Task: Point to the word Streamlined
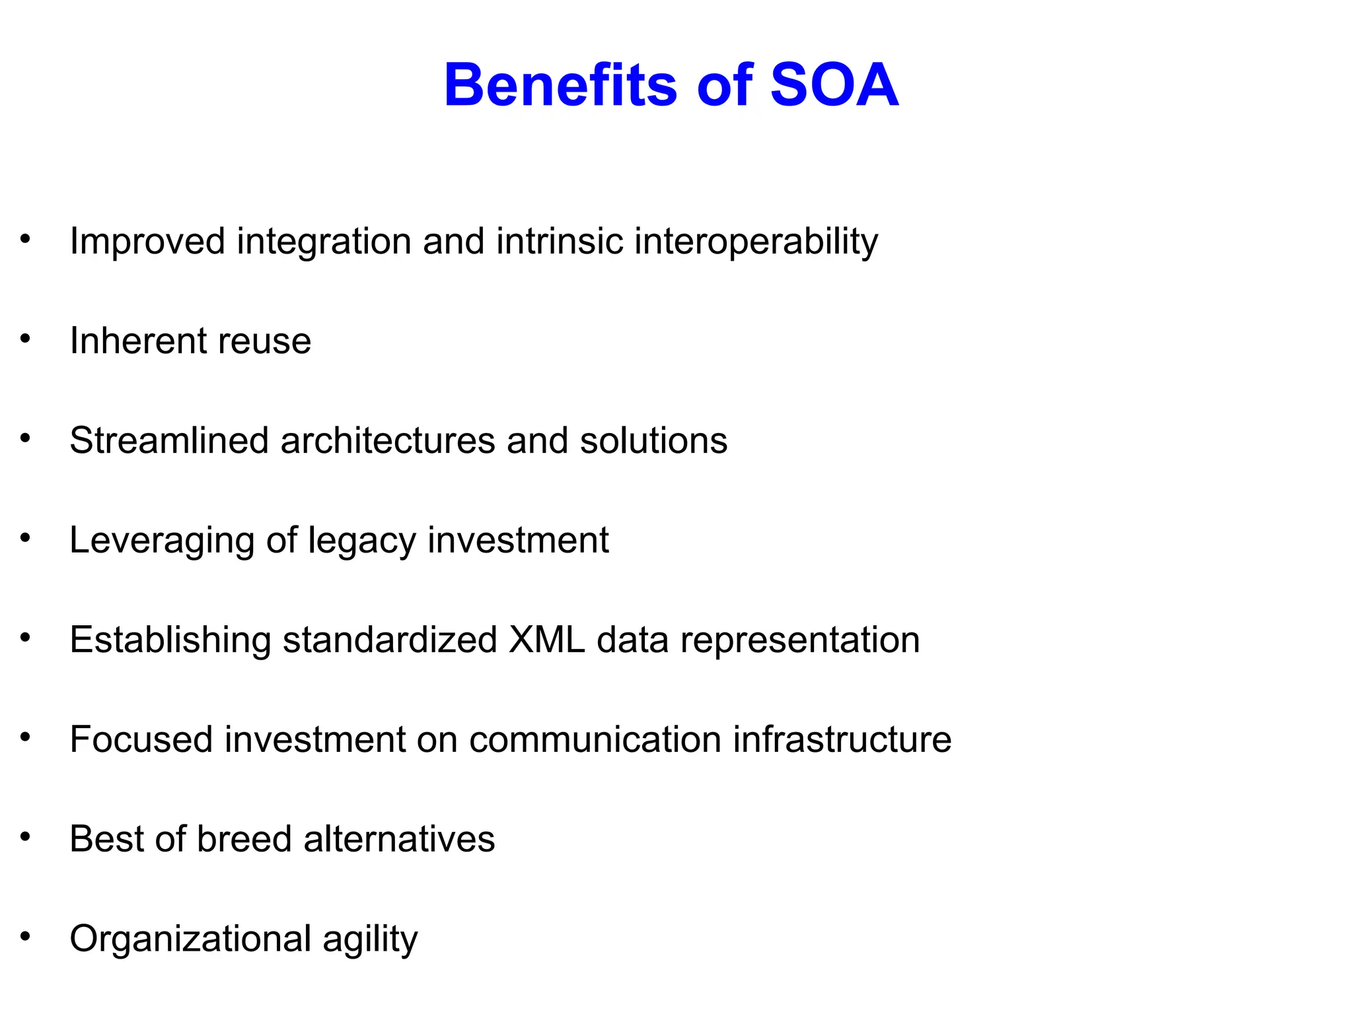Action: click(x=169, y=440)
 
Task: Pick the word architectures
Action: click(x=387, y=440)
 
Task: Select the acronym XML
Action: click(x=546, y=640)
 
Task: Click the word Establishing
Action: click(x=170, y=640)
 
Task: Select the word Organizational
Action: click(x=190, y=939)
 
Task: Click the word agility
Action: click(x=370, y=939)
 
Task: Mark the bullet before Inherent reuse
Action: click(x=26, y=339)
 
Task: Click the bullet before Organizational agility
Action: click(x=26, y=937)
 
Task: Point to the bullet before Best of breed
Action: click(x=26, y=837)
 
